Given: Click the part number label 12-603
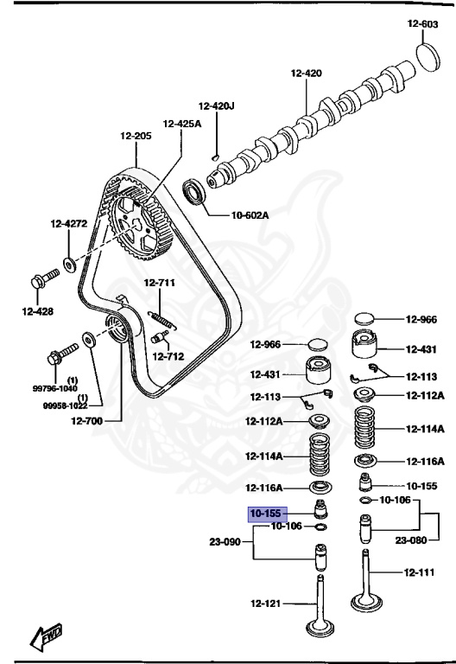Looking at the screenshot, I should pos(423,25).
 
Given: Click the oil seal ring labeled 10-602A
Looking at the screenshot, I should pos(196,190).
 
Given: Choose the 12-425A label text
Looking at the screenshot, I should pos(181,124).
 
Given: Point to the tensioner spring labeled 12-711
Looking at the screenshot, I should pos(161,304).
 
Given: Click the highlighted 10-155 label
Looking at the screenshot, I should pos(267,513).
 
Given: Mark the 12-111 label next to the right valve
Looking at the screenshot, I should pos(421,573).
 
